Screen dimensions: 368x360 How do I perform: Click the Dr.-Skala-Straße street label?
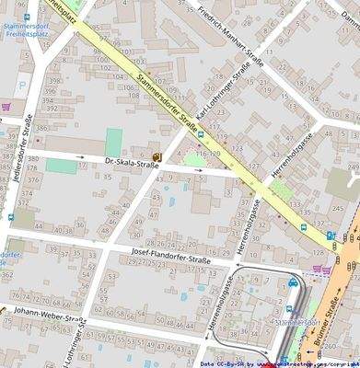(x=133, y=165)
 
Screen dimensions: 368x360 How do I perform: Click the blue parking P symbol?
(x=22, y=86)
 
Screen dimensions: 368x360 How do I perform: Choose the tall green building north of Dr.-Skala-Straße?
(x=114, y=142)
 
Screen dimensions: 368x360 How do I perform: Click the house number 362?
(x=7, y=274)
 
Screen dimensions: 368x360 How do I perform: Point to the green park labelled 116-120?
(x=193, y=157)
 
